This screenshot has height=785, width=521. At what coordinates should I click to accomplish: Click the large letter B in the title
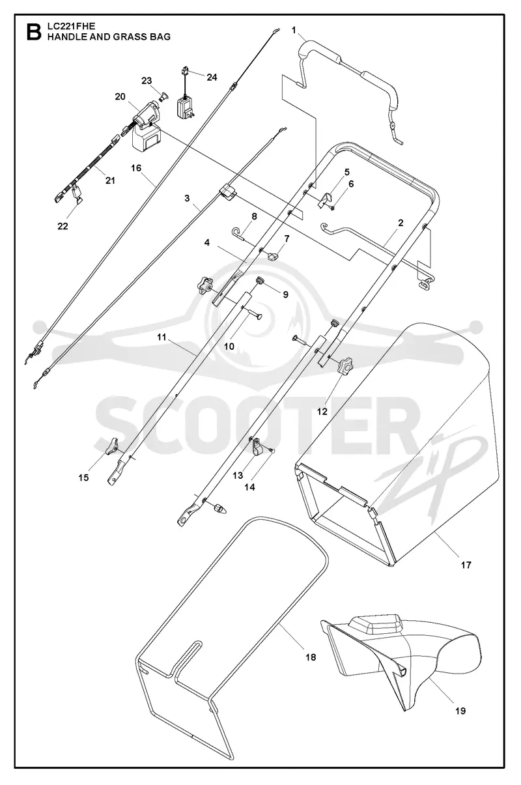click(x=34, y=32)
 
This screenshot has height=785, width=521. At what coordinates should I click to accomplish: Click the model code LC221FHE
click(x=66, y=26)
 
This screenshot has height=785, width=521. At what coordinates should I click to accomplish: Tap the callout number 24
click(x=212, y=77)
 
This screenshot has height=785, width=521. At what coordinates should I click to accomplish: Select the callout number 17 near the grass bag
click(x=466, y=565)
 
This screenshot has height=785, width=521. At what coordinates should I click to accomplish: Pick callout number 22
click(x=63, y=227)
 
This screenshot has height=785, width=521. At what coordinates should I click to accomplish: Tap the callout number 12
click(x=322, y=412)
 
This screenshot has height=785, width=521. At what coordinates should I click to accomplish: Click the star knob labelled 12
click(x=345, y=365)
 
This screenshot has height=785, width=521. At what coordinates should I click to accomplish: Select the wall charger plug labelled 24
click(x=186, y=104)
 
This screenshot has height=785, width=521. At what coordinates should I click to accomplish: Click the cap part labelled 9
click(x=260, y=279)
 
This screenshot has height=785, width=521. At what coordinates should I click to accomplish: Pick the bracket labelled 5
click(x=325, y=201)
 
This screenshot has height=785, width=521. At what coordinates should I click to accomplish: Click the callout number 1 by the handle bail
click(x=294, y=31)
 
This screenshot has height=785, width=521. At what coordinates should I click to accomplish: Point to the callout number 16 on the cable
click(x=136, y=168)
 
